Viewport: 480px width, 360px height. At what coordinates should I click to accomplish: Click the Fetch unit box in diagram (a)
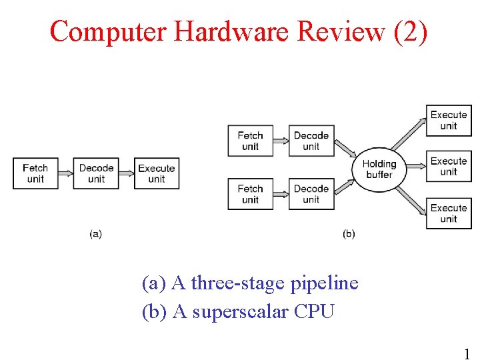point(35,173)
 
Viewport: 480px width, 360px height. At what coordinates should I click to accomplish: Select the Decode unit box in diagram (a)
point(96,173)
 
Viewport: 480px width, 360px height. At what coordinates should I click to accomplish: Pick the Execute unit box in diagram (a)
point(157,173)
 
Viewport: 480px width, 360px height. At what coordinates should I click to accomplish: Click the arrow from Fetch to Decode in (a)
point(65,173)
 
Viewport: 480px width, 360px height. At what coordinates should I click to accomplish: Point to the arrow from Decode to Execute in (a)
point(126,173)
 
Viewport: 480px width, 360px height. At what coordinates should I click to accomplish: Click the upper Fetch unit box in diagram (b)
point(250,141)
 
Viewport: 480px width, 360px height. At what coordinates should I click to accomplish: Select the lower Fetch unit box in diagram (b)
point(250,194)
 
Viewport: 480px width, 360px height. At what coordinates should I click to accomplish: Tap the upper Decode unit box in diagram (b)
point(311,141)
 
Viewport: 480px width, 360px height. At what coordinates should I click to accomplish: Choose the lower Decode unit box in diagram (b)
point(311,194)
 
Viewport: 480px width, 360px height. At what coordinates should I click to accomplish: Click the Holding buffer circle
point(379,169)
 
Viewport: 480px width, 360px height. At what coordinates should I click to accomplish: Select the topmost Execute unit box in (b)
point(449,120)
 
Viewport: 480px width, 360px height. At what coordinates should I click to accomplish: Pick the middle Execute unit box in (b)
point(449,167)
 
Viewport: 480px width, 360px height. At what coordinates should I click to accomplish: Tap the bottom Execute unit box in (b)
point(449,213)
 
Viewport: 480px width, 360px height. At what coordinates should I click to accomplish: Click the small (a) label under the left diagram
point(95,234)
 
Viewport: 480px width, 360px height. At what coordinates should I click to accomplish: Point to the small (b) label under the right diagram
point(349,234)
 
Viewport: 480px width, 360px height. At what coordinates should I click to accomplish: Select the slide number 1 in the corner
point(467,354)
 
